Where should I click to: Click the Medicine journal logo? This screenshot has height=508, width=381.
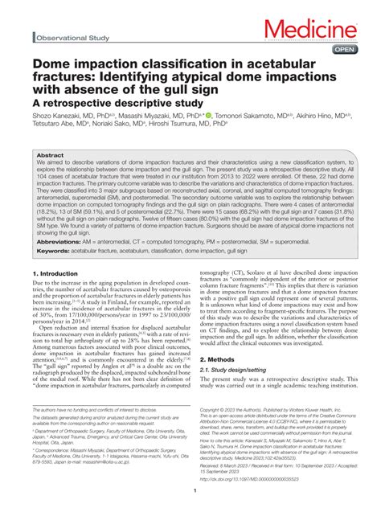(x=322, y=31)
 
